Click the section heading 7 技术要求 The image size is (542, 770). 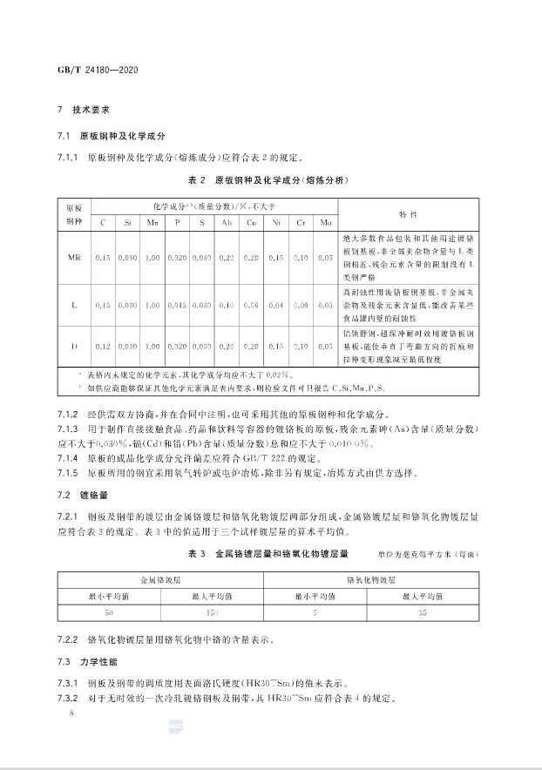[85, 111]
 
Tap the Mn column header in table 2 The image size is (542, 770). [153, 223]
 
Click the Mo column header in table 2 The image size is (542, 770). [326, 223]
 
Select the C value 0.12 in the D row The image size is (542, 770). [103, 346]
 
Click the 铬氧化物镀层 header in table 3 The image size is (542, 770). [370, 578]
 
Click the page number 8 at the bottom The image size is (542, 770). [59, 713]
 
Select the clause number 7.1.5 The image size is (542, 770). [69, 472]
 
